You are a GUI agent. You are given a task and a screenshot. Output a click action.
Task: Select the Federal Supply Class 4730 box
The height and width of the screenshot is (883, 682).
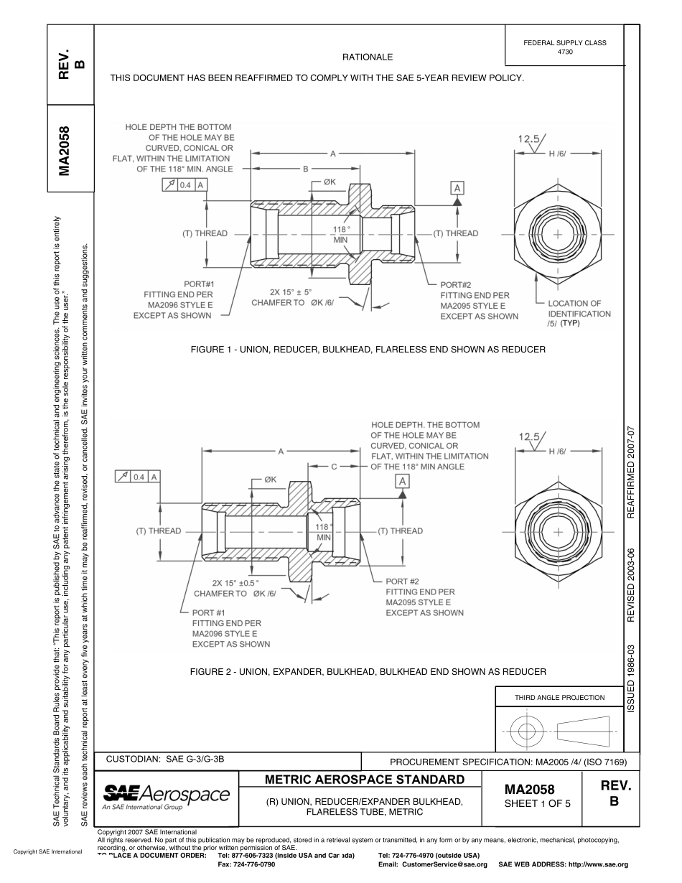click(564, 47)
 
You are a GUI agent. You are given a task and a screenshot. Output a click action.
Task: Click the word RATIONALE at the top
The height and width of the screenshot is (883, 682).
click(368, 57)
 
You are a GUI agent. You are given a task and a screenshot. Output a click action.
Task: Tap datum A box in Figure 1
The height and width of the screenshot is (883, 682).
click(457, 187)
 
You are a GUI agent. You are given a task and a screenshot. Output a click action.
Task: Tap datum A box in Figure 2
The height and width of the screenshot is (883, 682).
click(403, 480)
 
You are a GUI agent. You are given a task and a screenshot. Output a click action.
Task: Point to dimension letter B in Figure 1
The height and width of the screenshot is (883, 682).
click(305, 169)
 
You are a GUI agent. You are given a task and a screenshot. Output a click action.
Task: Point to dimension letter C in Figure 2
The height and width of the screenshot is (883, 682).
click(334, 467)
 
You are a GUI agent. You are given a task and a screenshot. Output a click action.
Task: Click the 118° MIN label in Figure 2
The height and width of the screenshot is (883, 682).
click(323, 532)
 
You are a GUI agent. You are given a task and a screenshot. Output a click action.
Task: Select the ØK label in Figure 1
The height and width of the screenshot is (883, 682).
click(330, 182)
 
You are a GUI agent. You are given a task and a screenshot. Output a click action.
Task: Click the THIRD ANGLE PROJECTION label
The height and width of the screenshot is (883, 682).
click(559, 697)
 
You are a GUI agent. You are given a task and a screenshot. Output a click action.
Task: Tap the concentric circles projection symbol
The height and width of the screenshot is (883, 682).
click(528, 731)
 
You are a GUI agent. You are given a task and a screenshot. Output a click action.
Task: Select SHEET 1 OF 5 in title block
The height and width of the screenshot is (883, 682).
click(538, 803)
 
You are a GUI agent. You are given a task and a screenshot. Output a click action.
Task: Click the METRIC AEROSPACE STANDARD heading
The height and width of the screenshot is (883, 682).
click(360, 780)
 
